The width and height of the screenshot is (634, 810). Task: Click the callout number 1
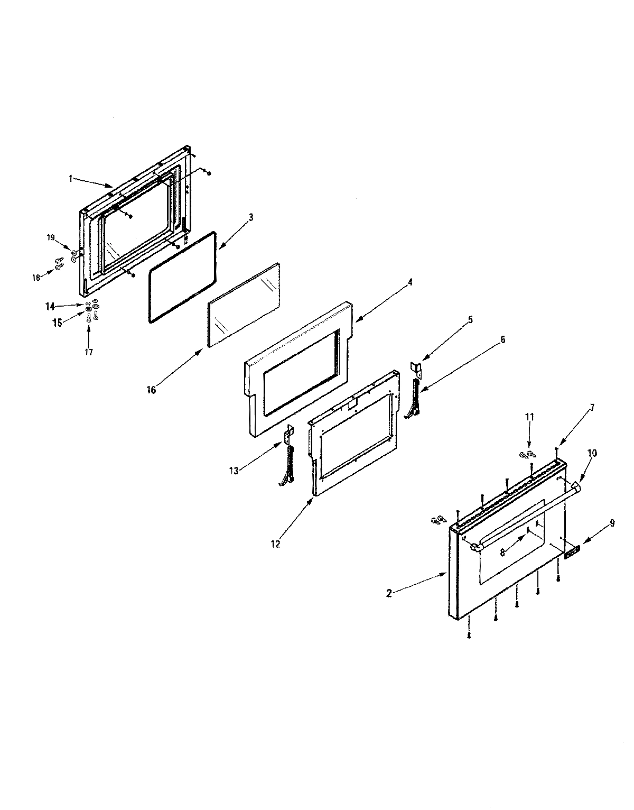70,179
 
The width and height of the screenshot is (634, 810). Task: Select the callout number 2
389,593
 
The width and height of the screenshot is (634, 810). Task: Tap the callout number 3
251,217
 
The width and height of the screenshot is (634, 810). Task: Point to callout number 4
409,282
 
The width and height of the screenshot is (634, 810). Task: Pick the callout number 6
502,340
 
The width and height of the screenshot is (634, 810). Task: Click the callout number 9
612,523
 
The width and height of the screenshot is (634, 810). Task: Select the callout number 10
592,453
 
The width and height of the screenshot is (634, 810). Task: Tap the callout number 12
275,543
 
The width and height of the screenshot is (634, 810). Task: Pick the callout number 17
89,352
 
